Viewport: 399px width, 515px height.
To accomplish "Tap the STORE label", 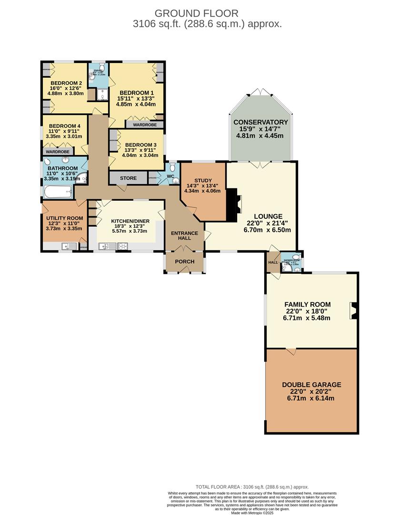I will (x=128, y=178).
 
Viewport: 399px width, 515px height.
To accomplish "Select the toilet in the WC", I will (x=172, y=168).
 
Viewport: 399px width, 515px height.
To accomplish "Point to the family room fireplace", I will (x=352, y=310).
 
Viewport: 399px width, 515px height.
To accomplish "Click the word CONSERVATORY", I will (x=260, y=122).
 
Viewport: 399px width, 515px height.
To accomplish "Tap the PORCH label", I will (x=184, y=261).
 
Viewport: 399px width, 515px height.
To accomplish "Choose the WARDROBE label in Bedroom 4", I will (x=58, y=152).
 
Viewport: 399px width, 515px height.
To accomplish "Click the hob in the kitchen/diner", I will (x=122, y=247).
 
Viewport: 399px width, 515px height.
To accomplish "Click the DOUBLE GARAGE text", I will (x=311, y=385).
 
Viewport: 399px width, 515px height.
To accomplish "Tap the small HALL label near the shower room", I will (x=272, y=262).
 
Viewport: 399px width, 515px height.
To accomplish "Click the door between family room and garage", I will (x=290, y=351).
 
